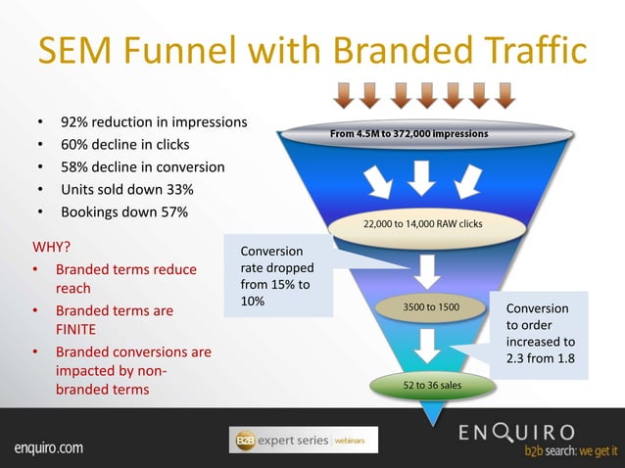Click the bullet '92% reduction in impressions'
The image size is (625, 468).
pos(153,123)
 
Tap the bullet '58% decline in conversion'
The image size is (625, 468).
pos(143,166)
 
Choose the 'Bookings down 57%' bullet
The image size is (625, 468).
pos(124,211)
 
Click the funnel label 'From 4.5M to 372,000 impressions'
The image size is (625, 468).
pos(409,133)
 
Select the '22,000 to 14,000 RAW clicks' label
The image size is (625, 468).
pos(422,224)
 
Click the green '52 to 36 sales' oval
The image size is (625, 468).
pos(432,385)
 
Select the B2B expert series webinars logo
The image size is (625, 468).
pos(302,441)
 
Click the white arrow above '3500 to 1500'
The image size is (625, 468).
pos(428,269)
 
